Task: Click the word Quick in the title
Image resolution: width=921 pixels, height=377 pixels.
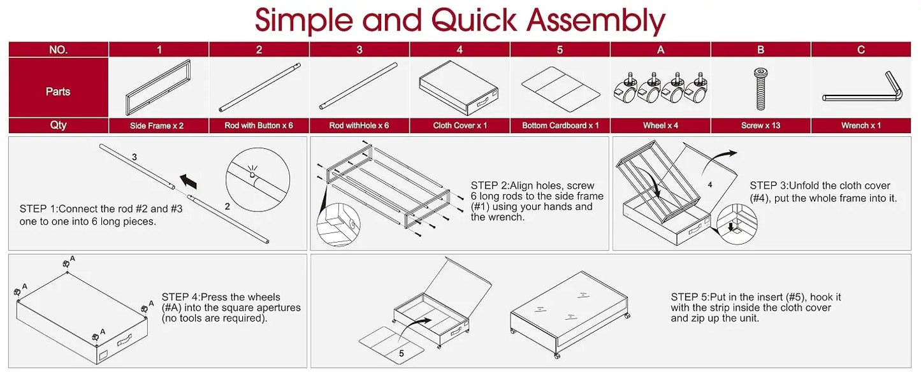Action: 473,20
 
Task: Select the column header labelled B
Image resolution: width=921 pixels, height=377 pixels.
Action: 760,50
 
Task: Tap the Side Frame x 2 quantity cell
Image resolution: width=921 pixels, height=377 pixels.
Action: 159,125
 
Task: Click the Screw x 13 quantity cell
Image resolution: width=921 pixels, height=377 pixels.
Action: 760,125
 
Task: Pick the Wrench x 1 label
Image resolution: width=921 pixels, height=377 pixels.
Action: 861,125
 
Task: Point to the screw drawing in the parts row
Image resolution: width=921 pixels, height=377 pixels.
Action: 761,89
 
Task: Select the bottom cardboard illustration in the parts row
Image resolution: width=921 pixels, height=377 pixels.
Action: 560,89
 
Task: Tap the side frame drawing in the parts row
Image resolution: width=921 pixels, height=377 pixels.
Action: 158,87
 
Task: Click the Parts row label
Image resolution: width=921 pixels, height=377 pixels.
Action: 58,92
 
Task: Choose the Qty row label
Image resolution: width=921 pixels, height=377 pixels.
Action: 58,125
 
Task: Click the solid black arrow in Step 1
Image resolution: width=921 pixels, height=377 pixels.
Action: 188,181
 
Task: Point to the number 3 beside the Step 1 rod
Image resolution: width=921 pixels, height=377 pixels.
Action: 134,157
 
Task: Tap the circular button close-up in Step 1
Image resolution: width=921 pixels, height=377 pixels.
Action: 257,180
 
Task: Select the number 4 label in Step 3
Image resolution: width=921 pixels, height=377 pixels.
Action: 710,185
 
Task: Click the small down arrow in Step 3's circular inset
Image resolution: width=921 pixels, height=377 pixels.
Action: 730,226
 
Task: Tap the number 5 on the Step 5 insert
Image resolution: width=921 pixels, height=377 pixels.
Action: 402,353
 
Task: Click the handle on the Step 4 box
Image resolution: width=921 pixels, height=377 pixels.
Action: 124,339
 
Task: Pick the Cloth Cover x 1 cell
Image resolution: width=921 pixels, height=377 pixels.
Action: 460,125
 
